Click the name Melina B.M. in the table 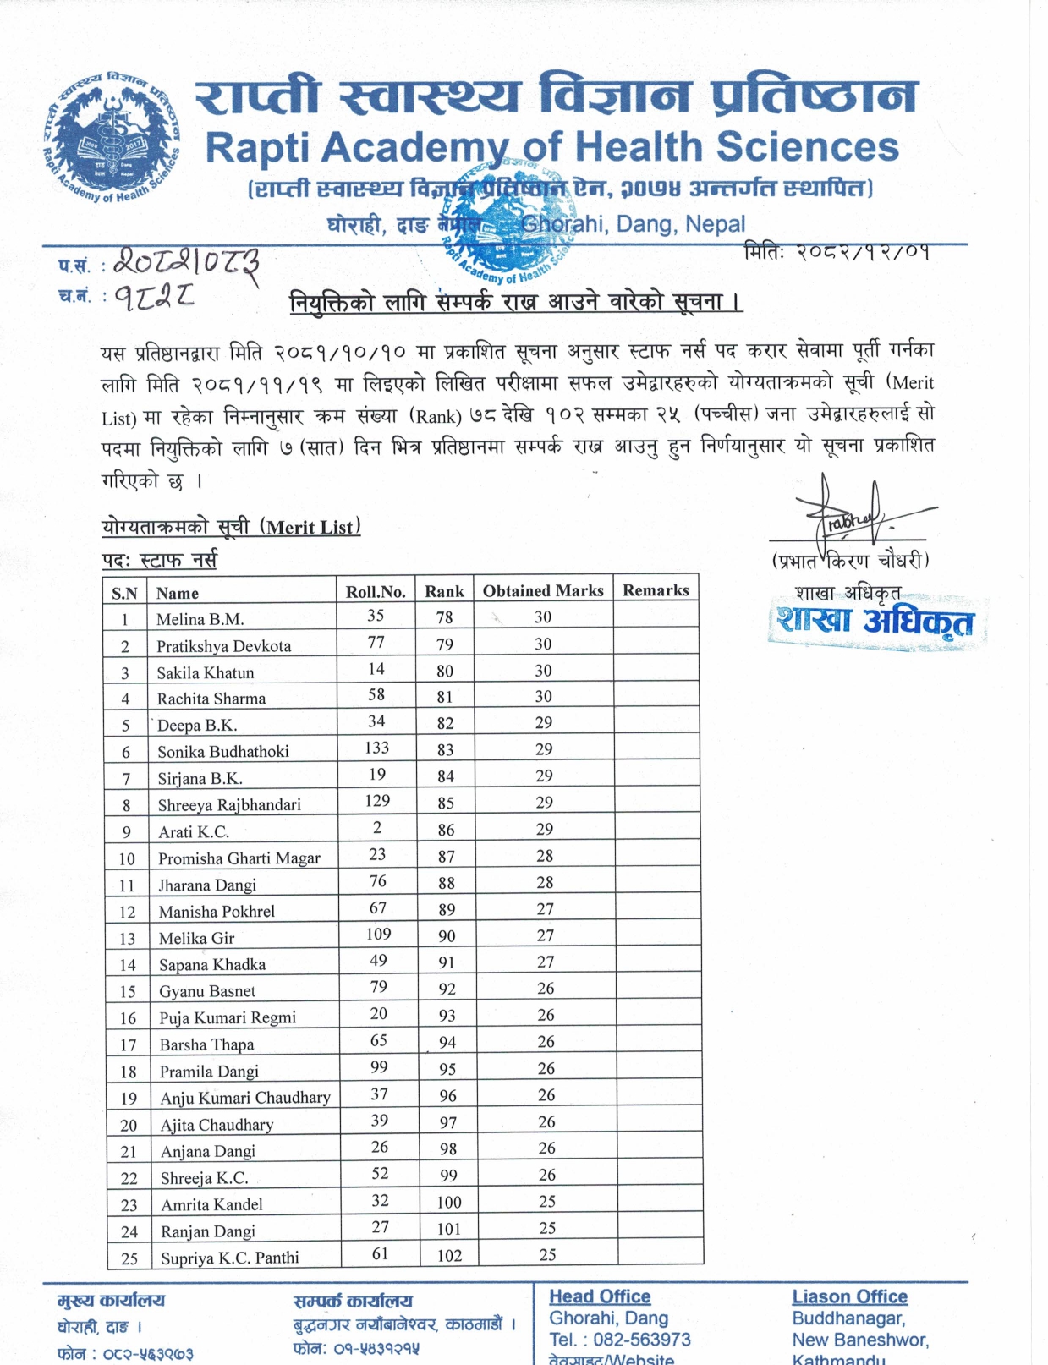tap(200, 619)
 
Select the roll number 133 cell tap(377, 748)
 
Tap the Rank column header tap(444, 591)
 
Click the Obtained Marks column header tap(543, 590)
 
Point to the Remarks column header tap(656, 590)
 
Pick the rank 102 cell tap(449, 1256)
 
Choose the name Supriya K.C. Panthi tap(230, 1258)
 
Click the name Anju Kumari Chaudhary tap(245, 1098)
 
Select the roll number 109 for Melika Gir tap(378, 934)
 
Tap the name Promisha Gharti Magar tap(239, 858)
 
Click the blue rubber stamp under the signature tap(875, 623)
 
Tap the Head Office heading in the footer tap(600, 1296)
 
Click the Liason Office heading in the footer tap(849, 1296)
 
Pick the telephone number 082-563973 tap(643, 1340)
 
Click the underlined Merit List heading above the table tap(231, 527)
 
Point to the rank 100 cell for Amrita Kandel tap(449, 1203)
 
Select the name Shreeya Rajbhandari tap(229, 804)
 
